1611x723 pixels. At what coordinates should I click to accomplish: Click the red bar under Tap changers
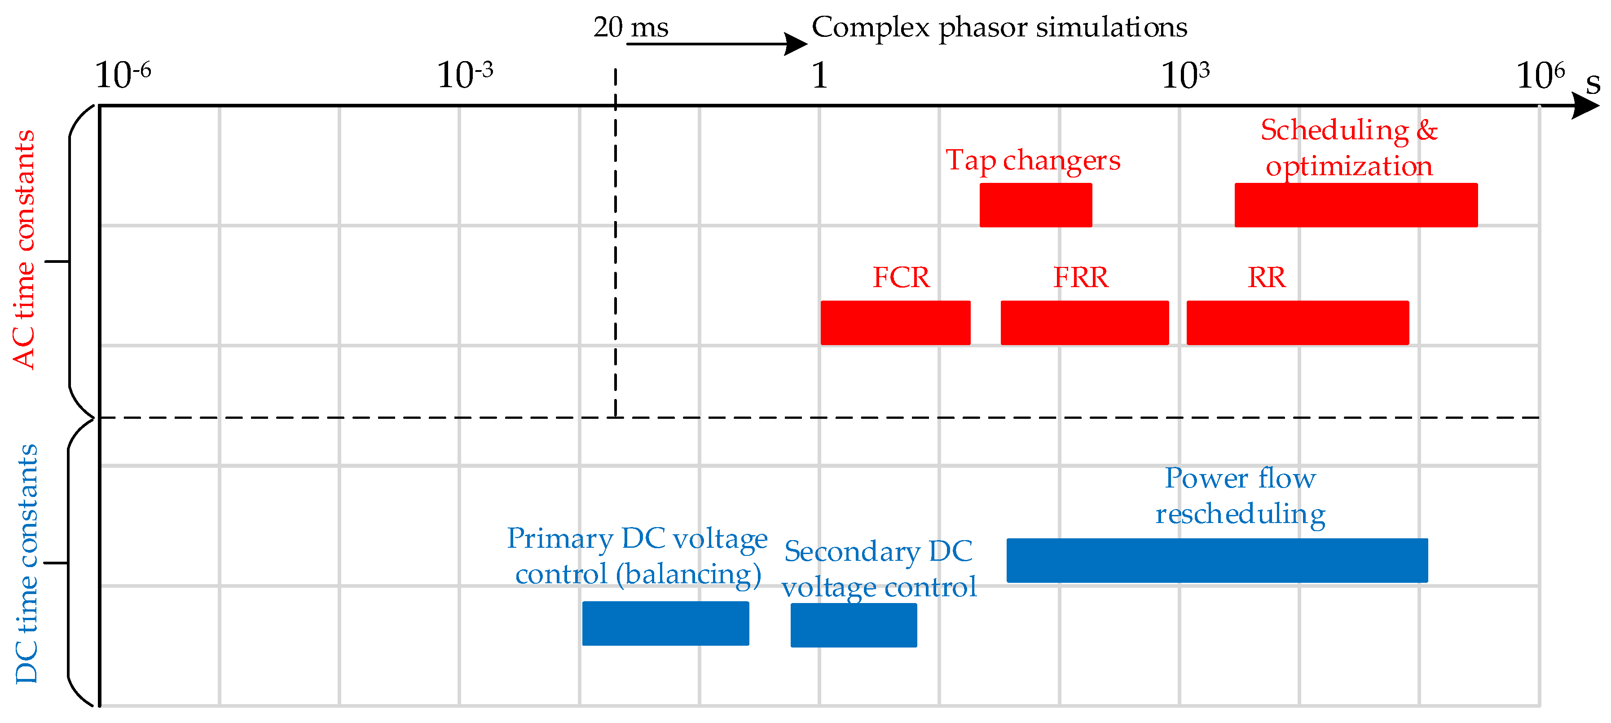coord(1036,205)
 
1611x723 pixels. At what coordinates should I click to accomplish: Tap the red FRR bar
coord(1084,322)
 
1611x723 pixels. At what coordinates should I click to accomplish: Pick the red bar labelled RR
coord(1298,322)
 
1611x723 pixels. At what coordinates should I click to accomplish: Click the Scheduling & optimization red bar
coord(1356,205)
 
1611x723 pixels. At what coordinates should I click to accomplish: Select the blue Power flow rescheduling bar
coord(1217,560)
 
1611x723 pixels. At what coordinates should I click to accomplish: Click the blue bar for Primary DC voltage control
coord(665,624)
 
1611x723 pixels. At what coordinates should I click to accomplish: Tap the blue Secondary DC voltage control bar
coord(854,625)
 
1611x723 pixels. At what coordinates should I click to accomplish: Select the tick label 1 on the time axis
coord(819,76)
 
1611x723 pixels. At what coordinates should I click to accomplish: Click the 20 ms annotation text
coord(631,27)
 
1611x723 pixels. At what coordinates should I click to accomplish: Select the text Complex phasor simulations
coord(999,27)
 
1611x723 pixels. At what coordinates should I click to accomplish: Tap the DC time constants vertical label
coord(26,563)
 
